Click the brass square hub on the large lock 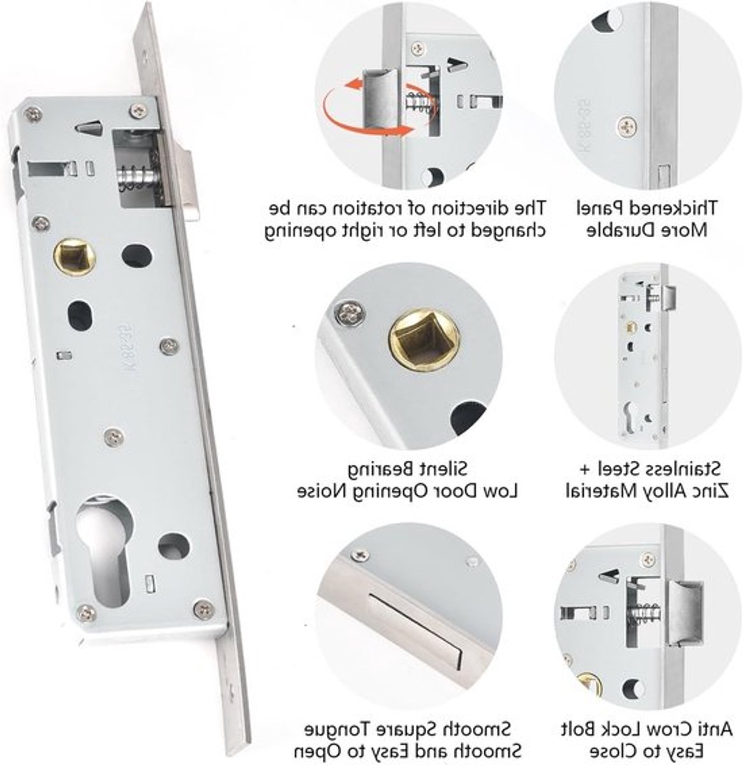pyautogui.click(x=75, y=257)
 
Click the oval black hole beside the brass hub pyautogui.click(x=137, y=256)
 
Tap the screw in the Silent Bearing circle pyautogui.click(x=350, y=313)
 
